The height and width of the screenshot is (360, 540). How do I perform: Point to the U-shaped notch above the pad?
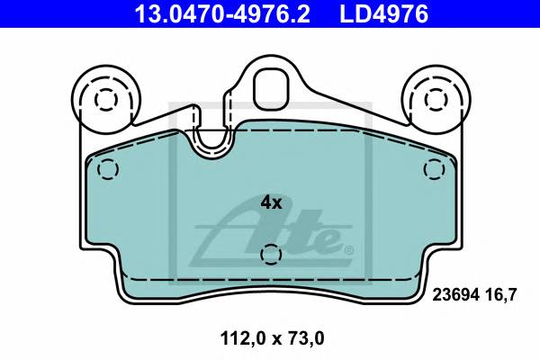pyautogui.click(x=213, y=140)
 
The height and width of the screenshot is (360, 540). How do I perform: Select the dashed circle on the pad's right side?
pyautogui.click(x=435, y=168)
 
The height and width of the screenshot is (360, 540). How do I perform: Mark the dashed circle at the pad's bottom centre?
pyautogui.click(x=269, y=256)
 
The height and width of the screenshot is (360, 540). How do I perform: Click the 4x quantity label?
pyautogui.click(x=271, y=202)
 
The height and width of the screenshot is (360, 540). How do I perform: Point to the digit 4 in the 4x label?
pyautogui.click(x=265, y=202)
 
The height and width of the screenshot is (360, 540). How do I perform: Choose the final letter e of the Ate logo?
pyautogui.click(x=328, y=240)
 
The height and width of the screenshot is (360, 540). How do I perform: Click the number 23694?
pyautogui.click(x=455, y=292)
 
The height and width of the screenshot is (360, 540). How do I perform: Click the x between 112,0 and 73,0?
pyautogui.click(x=270, y=340)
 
